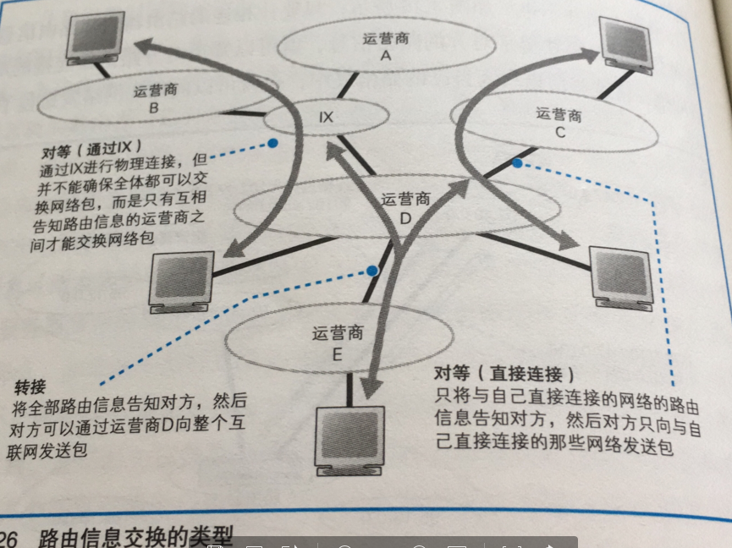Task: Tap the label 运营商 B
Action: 153,99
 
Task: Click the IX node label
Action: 326,117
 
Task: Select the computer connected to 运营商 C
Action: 630,38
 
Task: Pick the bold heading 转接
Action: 30,387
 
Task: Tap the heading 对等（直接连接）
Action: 504,373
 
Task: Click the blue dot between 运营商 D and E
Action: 372,271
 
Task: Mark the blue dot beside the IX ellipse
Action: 272,143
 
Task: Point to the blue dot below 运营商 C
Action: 515,161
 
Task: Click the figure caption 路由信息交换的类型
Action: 135,536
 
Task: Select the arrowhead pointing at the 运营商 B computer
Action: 145,44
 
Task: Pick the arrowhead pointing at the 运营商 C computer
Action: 592,53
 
